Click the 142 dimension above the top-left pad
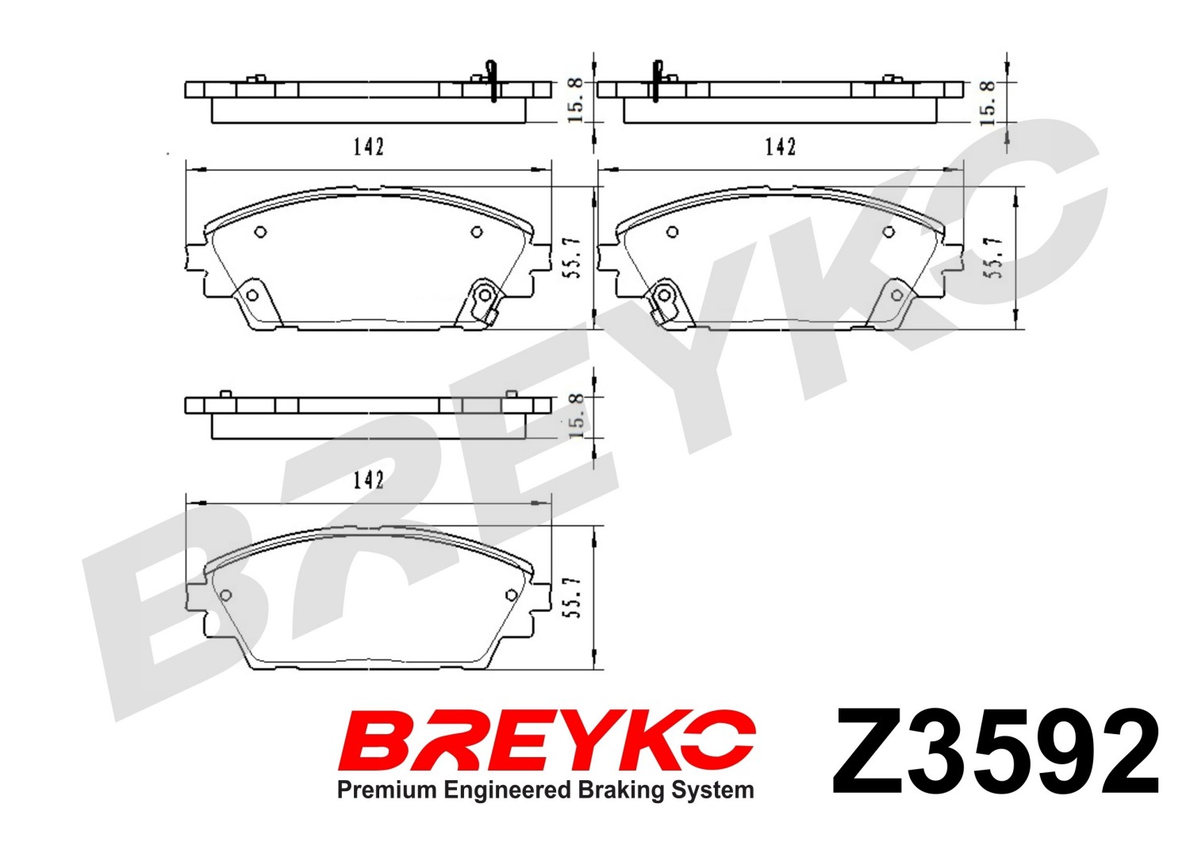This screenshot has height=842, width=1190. (368, 146)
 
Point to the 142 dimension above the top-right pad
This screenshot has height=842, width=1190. (780, 146)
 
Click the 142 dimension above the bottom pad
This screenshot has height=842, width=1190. (368, 480)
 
